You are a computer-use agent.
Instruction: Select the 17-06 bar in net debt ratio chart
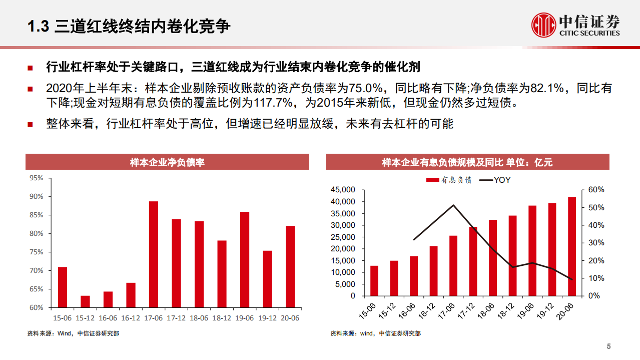point(154,254)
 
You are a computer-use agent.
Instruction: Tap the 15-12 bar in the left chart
point(85,301)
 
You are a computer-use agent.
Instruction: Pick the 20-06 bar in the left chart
point(290,266)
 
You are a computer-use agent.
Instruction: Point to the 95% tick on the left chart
point(37,178)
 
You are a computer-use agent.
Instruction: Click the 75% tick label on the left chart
point(37,252)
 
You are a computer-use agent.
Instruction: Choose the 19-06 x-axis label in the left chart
point(244,318)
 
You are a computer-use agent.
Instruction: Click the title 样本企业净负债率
point(167,162)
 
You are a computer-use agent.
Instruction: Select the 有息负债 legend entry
point(449,180)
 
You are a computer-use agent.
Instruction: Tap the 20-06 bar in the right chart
point(571,246)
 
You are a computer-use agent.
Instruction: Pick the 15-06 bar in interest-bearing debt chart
point(374,281)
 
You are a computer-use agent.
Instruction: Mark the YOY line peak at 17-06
point(453,205)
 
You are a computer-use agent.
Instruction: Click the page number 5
point(608,346)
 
